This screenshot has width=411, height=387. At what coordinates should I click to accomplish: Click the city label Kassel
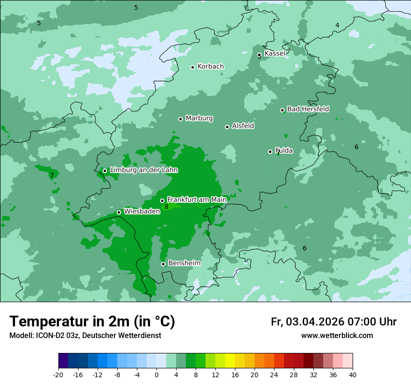click(x=275, y=54)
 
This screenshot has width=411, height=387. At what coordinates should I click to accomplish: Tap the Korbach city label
click(x=211, y=67)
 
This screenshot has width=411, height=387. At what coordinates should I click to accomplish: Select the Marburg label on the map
click(x=199, y=118)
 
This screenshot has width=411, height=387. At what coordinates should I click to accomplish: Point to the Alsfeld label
click(x=243, y=126)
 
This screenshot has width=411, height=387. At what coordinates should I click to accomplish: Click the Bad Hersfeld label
click(x=308, y=109)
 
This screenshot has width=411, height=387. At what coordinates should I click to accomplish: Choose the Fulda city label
click(x=284, y=151)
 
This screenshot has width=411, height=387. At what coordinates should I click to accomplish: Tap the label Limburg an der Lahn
click(x=143, y=170)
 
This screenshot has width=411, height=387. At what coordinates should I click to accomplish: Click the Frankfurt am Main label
click(x=197, y=200)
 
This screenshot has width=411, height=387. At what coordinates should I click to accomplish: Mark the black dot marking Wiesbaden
click(x=119, y=212)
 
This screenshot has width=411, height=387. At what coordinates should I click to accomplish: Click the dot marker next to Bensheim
click(x=163, y=264)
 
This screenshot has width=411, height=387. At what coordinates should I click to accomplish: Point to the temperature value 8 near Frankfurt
click(x=166, y=207)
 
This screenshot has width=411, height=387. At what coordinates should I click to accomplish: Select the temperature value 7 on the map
click(x=52, y=176)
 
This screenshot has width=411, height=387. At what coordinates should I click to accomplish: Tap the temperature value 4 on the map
click(x=337, y=25)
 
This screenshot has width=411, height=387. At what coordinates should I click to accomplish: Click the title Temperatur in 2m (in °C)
click(x=92, y=322)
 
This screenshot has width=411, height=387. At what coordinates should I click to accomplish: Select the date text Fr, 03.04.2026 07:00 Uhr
click(x=333, y=322)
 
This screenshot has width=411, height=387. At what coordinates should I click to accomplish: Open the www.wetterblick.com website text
click(x=337, y=336)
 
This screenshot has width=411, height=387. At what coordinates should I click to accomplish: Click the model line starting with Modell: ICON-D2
click(x=85, y=336)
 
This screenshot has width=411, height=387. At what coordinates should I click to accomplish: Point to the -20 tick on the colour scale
click(x=58, y=374)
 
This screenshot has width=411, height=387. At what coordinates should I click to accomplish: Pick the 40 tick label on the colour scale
click(x=352, y=374)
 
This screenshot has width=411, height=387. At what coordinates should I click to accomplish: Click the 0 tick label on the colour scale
click(x=156, y=374)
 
